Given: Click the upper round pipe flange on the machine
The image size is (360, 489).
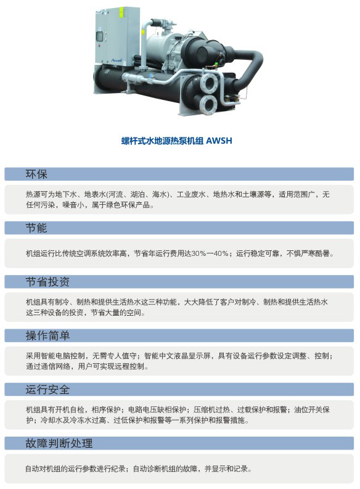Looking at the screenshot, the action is coord(208,83).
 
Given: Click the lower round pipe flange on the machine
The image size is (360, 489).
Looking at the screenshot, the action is coord(208,104).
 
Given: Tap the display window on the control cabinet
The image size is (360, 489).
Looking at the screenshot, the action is coord(100,36).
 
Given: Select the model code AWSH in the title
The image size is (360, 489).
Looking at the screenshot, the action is coord(219,141).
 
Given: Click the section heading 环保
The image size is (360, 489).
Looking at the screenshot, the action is coord(36,174).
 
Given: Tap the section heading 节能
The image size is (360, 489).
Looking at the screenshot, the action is coord(36,228).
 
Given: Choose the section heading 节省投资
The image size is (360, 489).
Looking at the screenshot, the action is coord(47,282).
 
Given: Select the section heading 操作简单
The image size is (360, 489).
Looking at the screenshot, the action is coord(47,335).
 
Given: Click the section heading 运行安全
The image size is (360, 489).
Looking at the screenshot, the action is coord(47,390).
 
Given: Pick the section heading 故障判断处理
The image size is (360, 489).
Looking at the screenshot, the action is coord(59,443).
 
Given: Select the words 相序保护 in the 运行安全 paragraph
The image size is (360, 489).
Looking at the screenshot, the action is coord(106,409).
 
